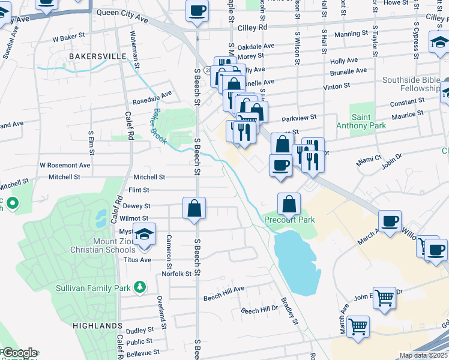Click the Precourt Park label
point(289,220)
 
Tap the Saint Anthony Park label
point(368,122)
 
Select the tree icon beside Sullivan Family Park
point(140,288)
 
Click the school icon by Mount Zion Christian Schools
point(144,235)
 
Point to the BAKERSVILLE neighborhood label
point(97,56)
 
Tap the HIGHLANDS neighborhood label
point(98,325)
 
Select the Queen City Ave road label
point(122,19)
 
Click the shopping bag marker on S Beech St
point(195,209)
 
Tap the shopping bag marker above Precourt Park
point(289,204)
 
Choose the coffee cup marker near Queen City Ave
point(197,10)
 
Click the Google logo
point(19,353)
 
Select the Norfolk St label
point(176,274)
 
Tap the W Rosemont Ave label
point(65,165)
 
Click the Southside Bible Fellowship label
point(411,85)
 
